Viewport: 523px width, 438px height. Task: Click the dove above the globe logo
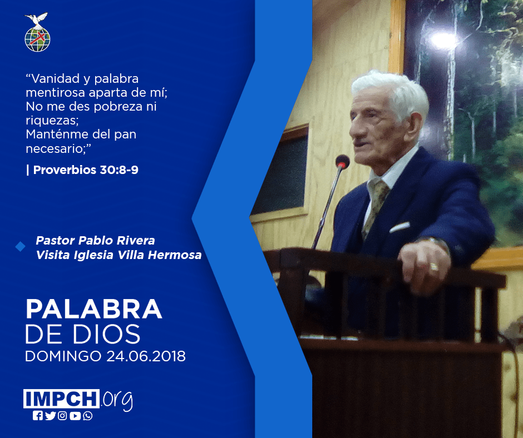36,19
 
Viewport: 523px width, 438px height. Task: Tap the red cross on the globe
38,37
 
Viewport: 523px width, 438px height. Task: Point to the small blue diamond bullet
21,247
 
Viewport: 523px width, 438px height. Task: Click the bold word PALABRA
93,309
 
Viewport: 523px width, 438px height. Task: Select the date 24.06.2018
146,356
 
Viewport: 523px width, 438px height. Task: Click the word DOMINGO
63,356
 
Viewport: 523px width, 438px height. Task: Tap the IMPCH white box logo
61,399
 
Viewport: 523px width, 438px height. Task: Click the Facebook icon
38,416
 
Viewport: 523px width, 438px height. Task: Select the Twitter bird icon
51,416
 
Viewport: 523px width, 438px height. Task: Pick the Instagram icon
62,416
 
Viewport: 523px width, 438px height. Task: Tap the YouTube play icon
75,416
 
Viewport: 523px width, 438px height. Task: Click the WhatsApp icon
88,416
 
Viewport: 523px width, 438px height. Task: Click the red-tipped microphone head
343,162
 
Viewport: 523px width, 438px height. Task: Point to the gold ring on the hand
433,267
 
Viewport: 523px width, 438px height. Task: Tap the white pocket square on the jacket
399,227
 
